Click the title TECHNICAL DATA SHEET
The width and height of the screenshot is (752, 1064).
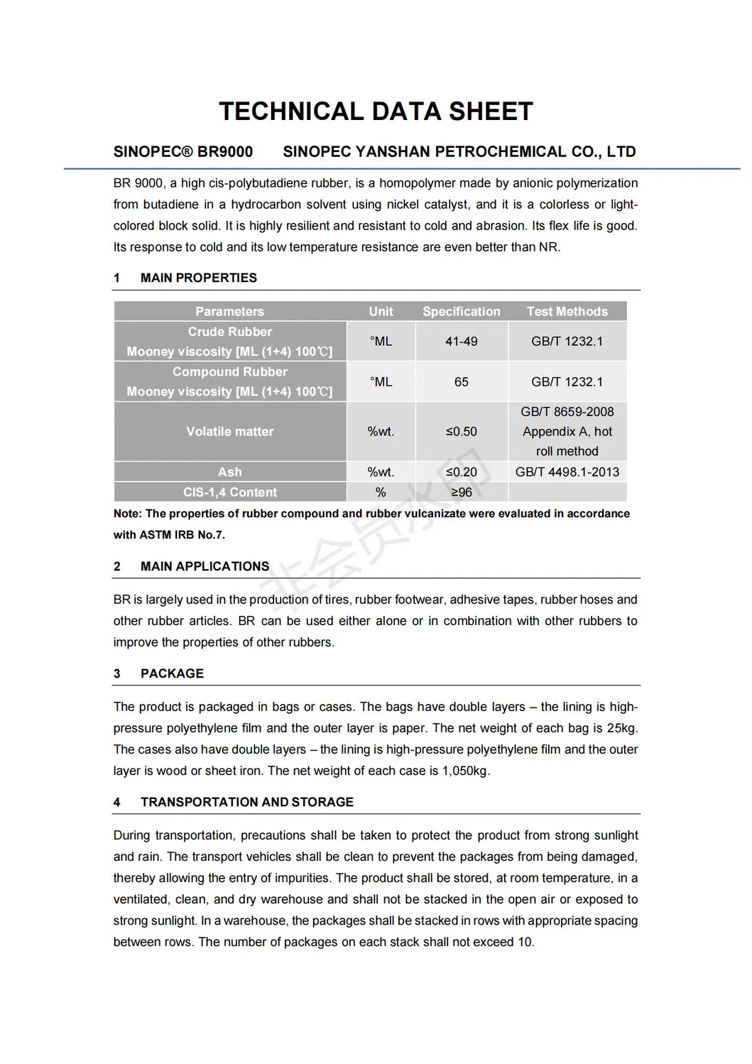[x=376, y=112]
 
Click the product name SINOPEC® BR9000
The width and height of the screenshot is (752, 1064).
[x=183, y=151]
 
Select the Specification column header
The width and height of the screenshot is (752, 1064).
[x=461, y=311]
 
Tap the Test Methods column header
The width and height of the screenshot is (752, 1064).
[x=567, y=311]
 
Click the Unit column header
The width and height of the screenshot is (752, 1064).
[x=381, y=311]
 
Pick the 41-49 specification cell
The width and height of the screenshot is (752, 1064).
[x=461, y=342]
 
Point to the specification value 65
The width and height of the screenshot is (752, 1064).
[x=461, y=382]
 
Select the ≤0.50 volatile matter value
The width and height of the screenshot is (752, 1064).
[x=461, y=431]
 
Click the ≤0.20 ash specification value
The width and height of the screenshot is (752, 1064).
[x=461, y=472]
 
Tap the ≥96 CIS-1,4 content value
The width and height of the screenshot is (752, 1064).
[x=461, y=492]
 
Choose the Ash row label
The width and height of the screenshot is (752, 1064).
[x=229, y=472]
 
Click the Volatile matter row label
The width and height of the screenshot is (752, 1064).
[x=229, y=431]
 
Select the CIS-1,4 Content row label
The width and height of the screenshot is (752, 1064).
[x=229, y=492]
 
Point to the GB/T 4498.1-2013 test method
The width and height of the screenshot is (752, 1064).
[x=567, y=472]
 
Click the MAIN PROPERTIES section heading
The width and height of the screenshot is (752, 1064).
[x=198, y=278]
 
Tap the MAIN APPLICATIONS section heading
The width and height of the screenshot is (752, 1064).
[x=205, y=566]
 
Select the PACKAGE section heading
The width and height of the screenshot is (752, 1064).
[x=172, y=673]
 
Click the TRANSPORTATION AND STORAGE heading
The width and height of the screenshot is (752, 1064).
[x=246, y=802]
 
